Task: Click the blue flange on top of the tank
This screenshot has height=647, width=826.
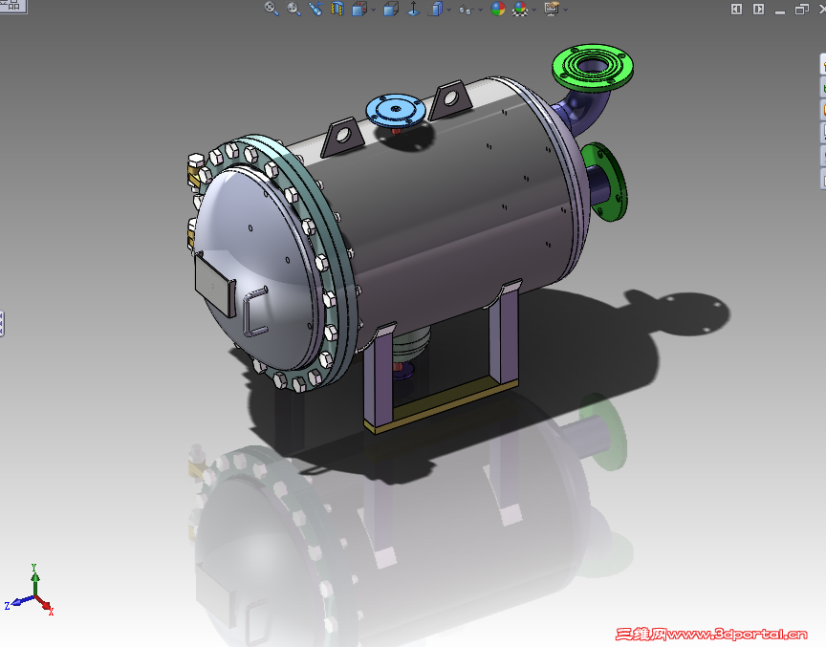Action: click(397, 109)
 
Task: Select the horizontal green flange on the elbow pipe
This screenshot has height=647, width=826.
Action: click(595, 66)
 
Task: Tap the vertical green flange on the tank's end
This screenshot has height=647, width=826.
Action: click(607, 180)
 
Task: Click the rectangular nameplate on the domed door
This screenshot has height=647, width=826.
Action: click(215, 285)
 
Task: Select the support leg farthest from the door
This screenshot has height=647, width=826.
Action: click(504, 334)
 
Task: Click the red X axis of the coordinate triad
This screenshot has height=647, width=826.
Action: click(47, 607)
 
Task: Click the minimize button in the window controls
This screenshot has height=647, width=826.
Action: click(780, 10)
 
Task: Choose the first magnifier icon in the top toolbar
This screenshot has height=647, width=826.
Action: click(272, 9)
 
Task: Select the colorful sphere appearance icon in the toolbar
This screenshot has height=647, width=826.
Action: click(498, 9)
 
